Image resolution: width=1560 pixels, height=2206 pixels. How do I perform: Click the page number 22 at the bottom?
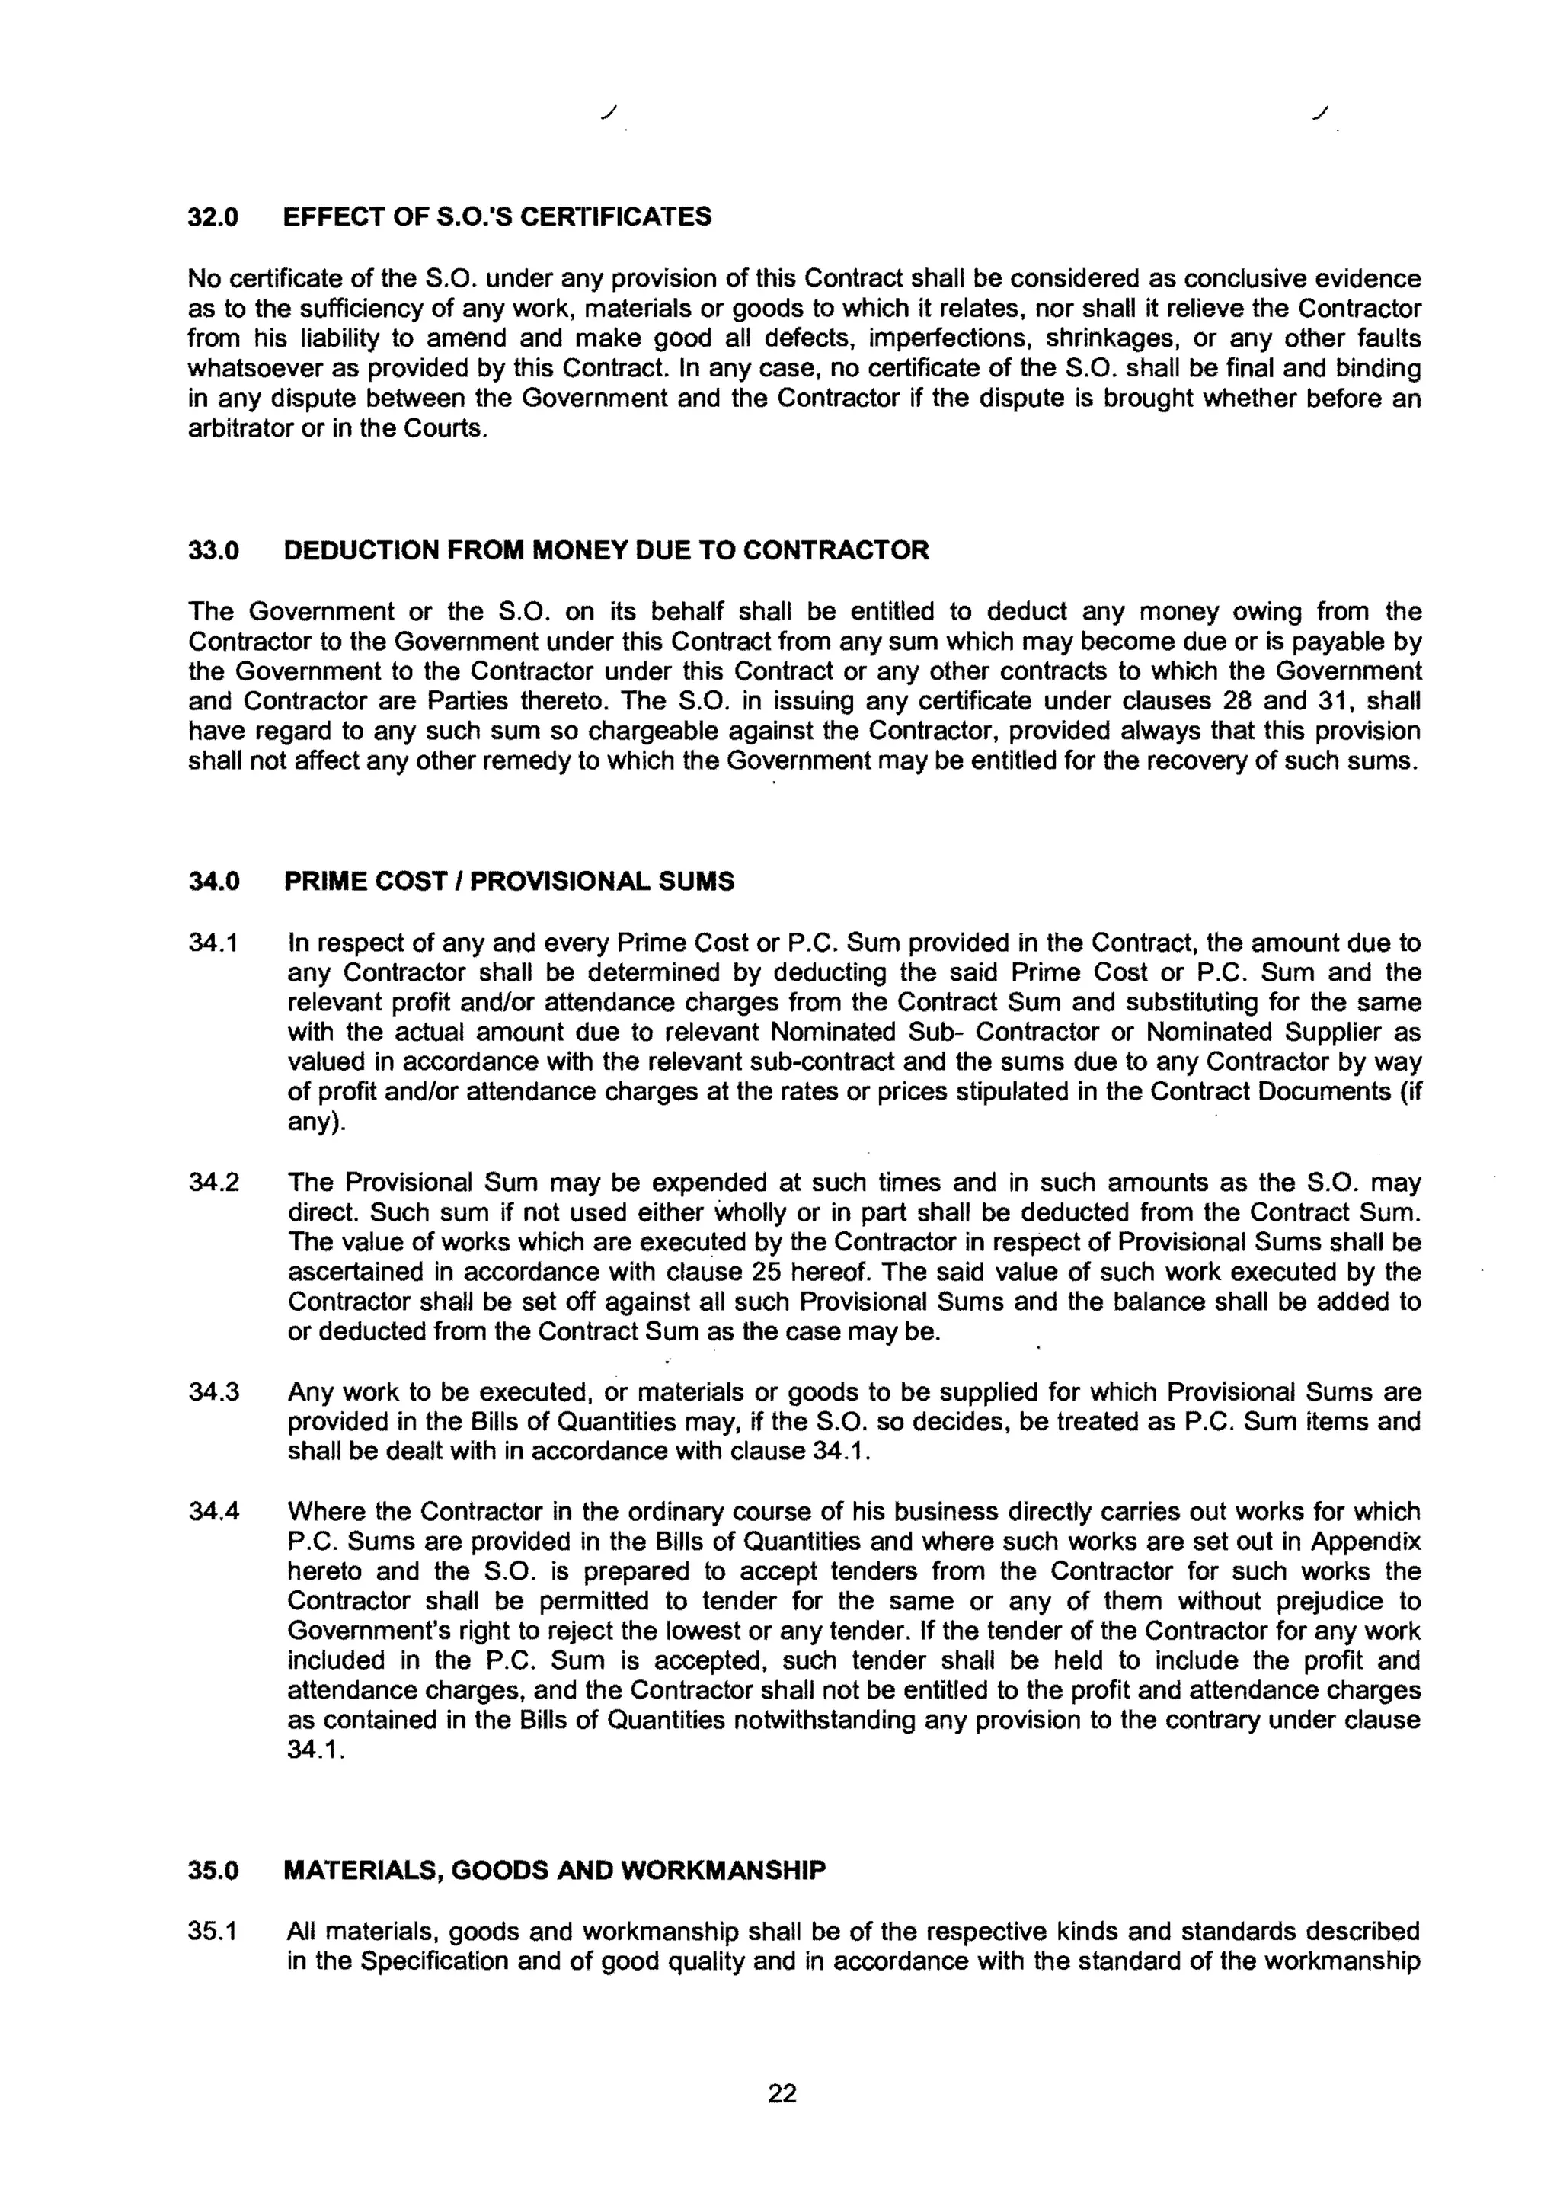782,2092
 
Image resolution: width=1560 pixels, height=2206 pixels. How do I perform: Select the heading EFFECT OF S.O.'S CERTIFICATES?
497,217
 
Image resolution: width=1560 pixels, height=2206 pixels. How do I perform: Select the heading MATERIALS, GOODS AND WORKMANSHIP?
555,1871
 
